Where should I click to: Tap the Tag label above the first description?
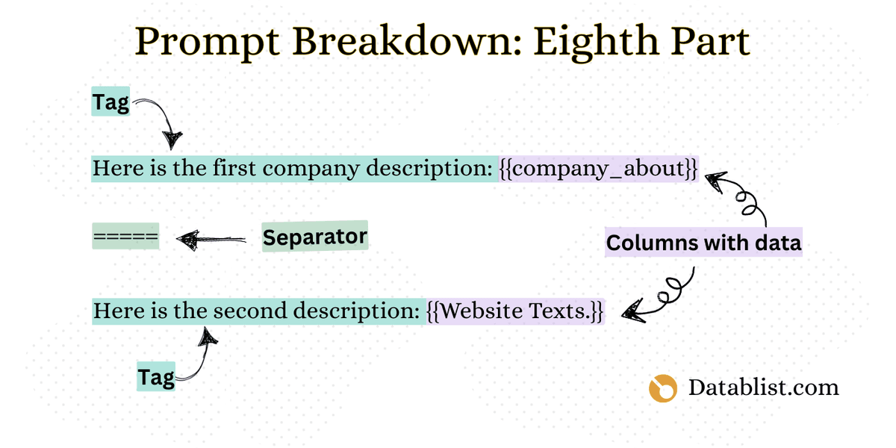coord(111,102)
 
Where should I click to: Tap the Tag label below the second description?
coord(155,378)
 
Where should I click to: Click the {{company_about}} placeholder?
coord(599,169)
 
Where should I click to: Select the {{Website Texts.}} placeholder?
coord(515,311)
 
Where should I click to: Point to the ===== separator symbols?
coord(125,237)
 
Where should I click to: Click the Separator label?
coord(314,237)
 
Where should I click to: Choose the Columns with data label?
coord(703,243)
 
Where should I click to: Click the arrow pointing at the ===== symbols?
coord(211,239)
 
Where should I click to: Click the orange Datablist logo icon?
coord(662,388)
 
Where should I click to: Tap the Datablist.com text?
coord(763,388)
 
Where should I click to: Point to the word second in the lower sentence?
coord(252,311)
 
